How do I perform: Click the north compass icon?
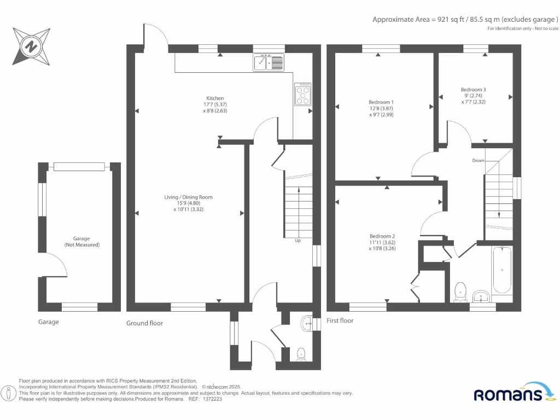tap(32, 46)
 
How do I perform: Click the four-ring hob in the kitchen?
tap(302, 94)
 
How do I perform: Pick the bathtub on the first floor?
tap(501, 270)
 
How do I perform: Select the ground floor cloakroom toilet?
tap(300, 354)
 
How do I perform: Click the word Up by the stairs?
tap(297, 241)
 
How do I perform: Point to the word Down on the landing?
tap(478, 161)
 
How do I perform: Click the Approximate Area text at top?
tap(465, 19)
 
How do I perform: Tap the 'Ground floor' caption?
tap(144, 323)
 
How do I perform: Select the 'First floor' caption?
tap(340, 320)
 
